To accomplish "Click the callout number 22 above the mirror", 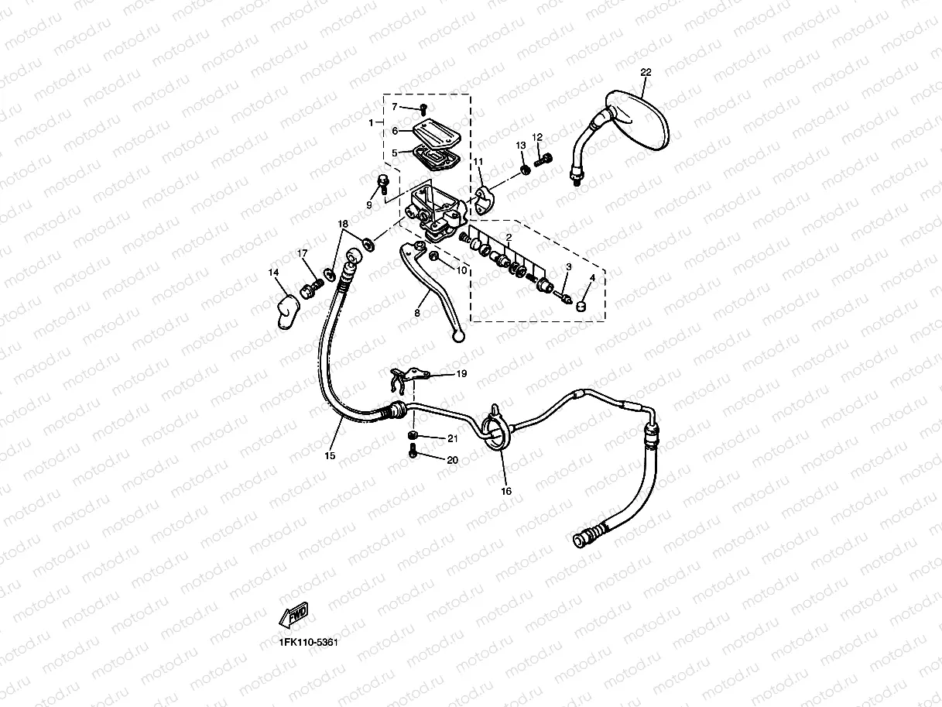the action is [646, 72].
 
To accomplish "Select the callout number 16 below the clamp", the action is [506, 491].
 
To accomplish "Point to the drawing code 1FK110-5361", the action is [309, 642].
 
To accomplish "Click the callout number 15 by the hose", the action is [330, 456].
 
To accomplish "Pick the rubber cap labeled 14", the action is [289, 310].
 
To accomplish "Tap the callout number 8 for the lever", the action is [417, 313].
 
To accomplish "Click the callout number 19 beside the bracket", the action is [461, 374].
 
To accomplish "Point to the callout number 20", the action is [452, 459].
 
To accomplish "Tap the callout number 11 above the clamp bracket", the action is [478, 162].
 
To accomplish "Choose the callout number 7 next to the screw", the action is [394, 106].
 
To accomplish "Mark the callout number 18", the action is [343, 224].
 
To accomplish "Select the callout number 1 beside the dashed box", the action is [371, 122].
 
